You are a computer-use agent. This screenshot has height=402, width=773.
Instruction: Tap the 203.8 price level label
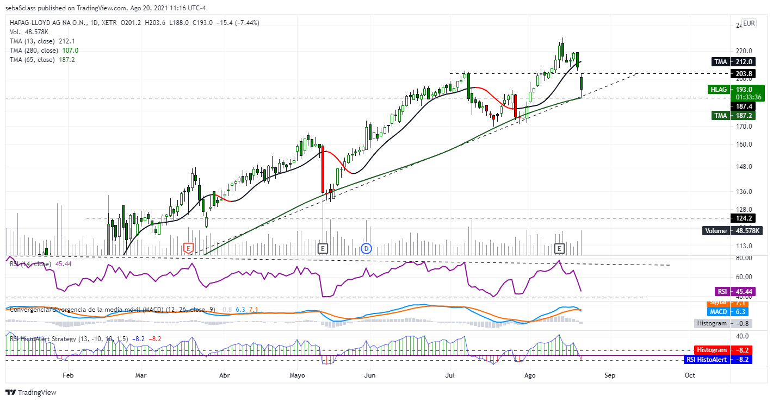(743, 73)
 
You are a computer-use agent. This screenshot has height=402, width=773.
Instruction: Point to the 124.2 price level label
(743, 218)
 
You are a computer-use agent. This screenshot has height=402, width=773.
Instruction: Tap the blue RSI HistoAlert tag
(718, 359)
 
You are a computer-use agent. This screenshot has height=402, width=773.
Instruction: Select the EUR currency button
(749, 23)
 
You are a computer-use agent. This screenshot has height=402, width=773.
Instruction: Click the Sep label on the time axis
(610, 375)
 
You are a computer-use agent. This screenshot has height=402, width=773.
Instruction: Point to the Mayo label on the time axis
(297, 375)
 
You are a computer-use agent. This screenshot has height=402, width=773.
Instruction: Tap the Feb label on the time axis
(68, 375)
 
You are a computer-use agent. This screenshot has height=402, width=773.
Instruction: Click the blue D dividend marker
(366, 248)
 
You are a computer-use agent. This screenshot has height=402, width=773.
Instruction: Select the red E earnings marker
(188, 248)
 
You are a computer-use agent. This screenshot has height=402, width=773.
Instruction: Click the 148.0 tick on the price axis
(743, 167)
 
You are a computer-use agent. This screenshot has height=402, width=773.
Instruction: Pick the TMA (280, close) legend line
(44, 50)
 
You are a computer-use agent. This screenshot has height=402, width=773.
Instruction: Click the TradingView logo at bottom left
(31, 392)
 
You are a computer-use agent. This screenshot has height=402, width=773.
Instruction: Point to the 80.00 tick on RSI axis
(744, 257)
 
